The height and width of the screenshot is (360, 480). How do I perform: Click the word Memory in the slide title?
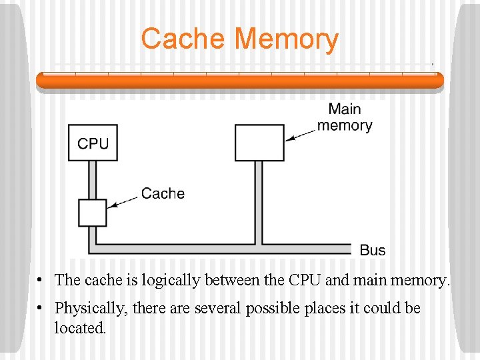287,39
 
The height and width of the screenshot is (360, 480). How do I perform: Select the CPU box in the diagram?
93,143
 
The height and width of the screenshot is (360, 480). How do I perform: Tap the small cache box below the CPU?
93,213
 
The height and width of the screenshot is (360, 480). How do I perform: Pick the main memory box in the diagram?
259,143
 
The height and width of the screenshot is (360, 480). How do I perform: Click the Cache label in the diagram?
163,194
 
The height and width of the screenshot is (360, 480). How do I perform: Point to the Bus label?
373,251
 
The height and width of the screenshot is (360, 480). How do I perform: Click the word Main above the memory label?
345,109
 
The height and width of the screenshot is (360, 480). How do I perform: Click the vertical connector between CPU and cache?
93,180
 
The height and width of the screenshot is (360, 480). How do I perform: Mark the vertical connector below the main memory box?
259,200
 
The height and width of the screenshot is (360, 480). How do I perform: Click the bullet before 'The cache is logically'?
41,280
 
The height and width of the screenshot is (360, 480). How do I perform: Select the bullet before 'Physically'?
41,309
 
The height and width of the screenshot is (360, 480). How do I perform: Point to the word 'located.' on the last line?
80,328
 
